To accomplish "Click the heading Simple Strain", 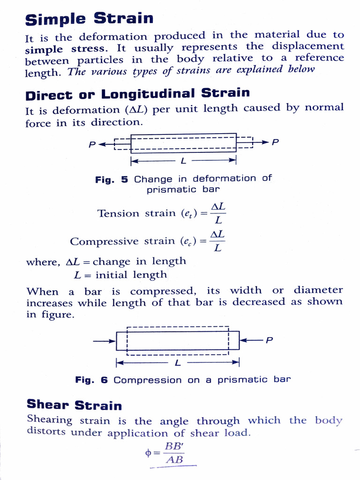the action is (x=89, y=19).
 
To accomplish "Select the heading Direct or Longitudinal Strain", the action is (x=137, y=93).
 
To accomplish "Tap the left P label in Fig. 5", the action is (x=92, y=145).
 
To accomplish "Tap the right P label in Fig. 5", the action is (x=275, y=142).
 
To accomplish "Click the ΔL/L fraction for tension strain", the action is (x=218, y=213).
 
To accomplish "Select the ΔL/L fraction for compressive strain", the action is (x=217, y=241).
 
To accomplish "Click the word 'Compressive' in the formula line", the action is (x=97, y=241).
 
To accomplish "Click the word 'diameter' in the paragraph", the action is (x=318, y=290).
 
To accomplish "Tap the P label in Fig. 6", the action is (x=269, y=341).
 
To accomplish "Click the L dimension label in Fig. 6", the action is (x=178, y=363).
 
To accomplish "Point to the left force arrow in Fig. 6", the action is (x=104, y=341).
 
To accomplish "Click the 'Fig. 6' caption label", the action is (x=91, y=380).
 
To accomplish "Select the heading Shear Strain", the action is (x=74, y=405).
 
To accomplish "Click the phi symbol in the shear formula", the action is (x=149, y=453).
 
